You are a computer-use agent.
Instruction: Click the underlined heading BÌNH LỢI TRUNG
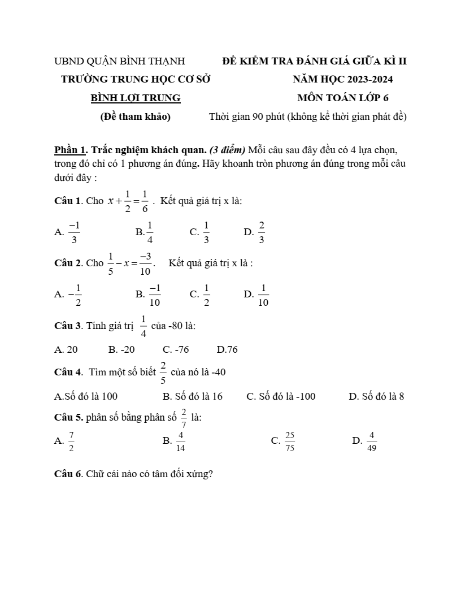[136, 98]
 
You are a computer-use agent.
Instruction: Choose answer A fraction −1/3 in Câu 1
[74, 232]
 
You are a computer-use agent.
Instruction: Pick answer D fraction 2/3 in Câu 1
[262, 232]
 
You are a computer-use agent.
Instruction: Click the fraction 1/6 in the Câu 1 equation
[145, 201]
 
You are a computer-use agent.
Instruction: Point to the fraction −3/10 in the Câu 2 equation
[145, 263]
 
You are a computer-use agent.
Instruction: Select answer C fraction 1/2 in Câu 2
[207, 295]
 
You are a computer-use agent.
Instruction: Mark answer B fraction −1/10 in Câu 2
[154, 295]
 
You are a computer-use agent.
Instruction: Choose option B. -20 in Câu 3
[121, 350]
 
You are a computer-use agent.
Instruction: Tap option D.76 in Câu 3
[227, 350]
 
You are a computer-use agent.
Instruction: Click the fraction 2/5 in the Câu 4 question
[163, 373]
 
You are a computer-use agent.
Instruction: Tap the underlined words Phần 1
[71, 150]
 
